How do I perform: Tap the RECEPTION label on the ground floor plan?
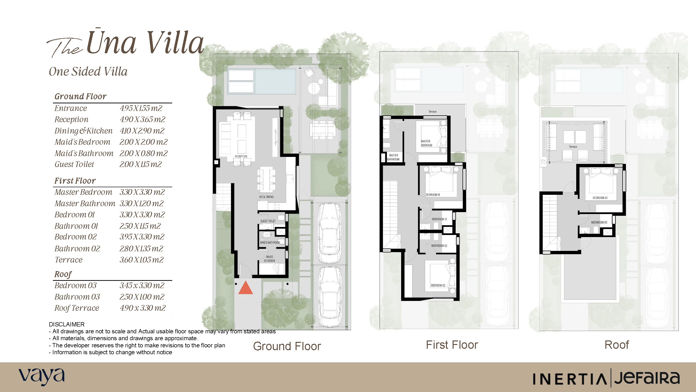(241, 156)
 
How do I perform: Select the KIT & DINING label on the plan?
(266, 197)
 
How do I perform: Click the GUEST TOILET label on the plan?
(268, 221)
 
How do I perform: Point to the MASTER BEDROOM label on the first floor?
(426, 143)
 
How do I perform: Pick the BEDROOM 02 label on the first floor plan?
(438, 285)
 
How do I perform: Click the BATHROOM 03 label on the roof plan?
(599, 222)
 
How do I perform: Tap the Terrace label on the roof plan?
(573, 147)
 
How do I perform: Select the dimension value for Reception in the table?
(142, 119)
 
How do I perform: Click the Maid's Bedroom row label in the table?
(82, 142)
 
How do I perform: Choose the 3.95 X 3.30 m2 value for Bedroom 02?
(142, 237)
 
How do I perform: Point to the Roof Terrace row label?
(77, 308)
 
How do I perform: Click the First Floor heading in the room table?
(75, 181)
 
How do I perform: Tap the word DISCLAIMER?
(66, 324)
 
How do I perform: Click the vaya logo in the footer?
(42, 377)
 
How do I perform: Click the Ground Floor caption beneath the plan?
(287, 346)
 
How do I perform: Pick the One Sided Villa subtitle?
(88, 72)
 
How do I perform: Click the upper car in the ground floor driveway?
(329, 233)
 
